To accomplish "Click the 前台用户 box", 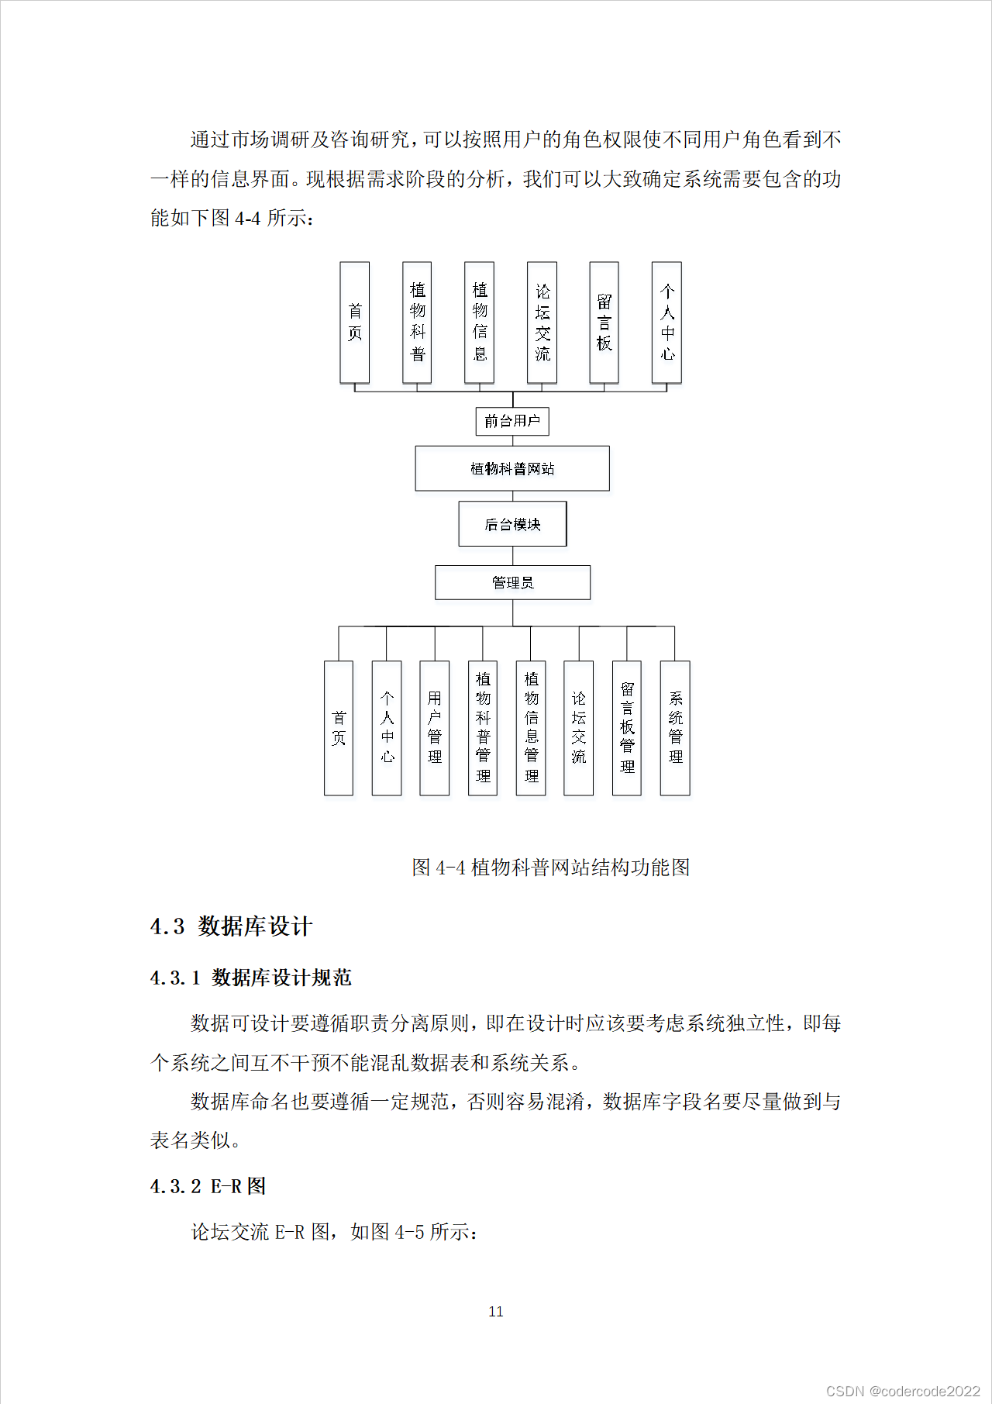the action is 512,421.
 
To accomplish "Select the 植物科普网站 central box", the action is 512,468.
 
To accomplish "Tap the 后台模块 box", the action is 512,524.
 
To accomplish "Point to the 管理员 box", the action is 512,582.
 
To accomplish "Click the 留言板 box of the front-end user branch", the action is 604,323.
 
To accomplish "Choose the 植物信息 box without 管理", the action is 479,323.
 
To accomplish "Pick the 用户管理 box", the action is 434,728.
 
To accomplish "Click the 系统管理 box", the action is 675,728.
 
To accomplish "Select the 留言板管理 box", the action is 627,728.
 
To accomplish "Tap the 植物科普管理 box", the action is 483,728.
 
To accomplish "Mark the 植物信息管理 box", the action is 531,728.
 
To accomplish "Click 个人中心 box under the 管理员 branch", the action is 387,728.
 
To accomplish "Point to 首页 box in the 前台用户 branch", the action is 355,323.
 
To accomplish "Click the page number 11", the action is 496,1311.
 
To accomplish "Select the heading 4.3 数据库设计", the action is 231,926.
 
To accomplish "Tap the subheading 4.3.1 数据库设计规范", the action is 251,978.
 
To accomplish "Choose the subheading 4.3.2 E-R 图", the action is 208,1186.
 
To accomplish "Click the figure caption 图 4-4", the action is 550,867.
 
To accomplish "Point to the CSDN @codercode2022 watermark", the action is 903,1391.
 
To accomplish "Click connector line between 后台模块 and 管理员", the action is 512,556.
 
